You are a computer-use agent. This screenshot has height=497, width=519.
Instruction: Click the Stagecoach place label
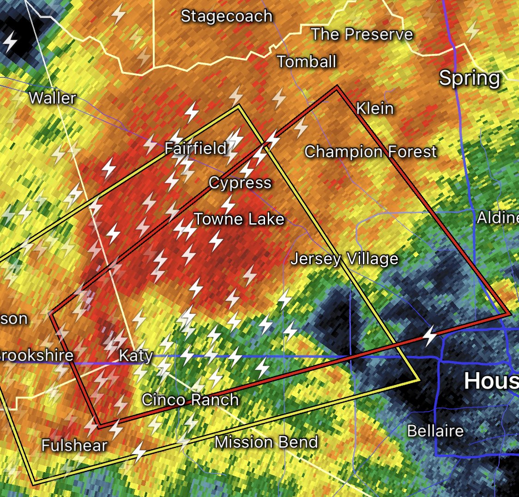[x=227, y=16]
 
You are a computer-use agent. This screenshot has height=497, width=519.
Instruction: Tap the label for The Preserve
[x=362, y=34]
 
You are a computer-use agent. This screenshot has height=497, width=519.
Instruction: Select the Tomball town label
[x=307, y=61]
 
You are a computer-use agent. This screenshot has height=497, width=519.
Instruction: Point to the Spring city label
[x=469, y=78]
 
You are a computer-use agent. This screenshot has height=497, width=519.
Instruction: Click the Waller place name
[x=52, y=98]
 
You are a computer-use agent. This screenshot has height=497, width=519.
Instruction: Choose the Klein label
[x=375, y=108]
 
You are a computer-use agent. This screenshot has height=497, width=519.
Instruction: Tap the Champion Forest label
[x=371, y=151]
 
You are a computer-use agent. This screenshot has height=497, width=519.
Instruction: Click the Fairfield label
[x=196, y=148]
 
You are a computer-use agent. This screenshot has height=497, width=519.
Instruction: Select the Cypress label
[x=240, y=183]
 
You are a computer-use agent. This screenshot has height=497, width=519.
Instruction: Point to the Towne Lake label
[x=239, y=219]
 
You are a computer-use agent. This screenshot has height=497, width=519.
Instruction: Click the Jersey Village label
[x=344, y=259]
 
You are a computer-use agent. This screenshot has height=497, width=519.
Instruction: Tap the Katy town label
[x=136, y=355]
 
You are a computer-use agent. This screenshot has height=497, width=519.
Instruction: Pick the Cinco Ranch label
[x=190, y=399]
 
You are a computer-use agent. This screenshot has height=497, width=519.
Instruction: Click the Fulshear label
[x=74, y=445]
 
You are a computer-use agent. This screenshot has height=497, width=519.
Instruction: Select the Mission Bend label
[x=266, y=442]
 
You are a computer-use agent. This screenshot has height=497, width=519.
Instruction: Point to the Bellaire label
[x=435, y=431]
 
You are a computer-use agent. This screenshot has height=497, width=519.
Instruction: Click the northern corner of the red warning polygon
[x=337, y=86]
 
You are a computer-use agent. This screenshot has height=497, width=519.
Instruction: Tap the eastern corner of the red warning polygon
[x=509, y=314]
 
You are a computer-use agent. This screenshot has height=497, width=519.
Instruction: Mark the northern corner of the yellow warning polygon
[x=239, y=106]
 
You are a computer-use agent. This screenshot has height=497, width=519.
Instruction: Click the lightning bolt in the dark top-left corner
[x=10, y=42]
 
